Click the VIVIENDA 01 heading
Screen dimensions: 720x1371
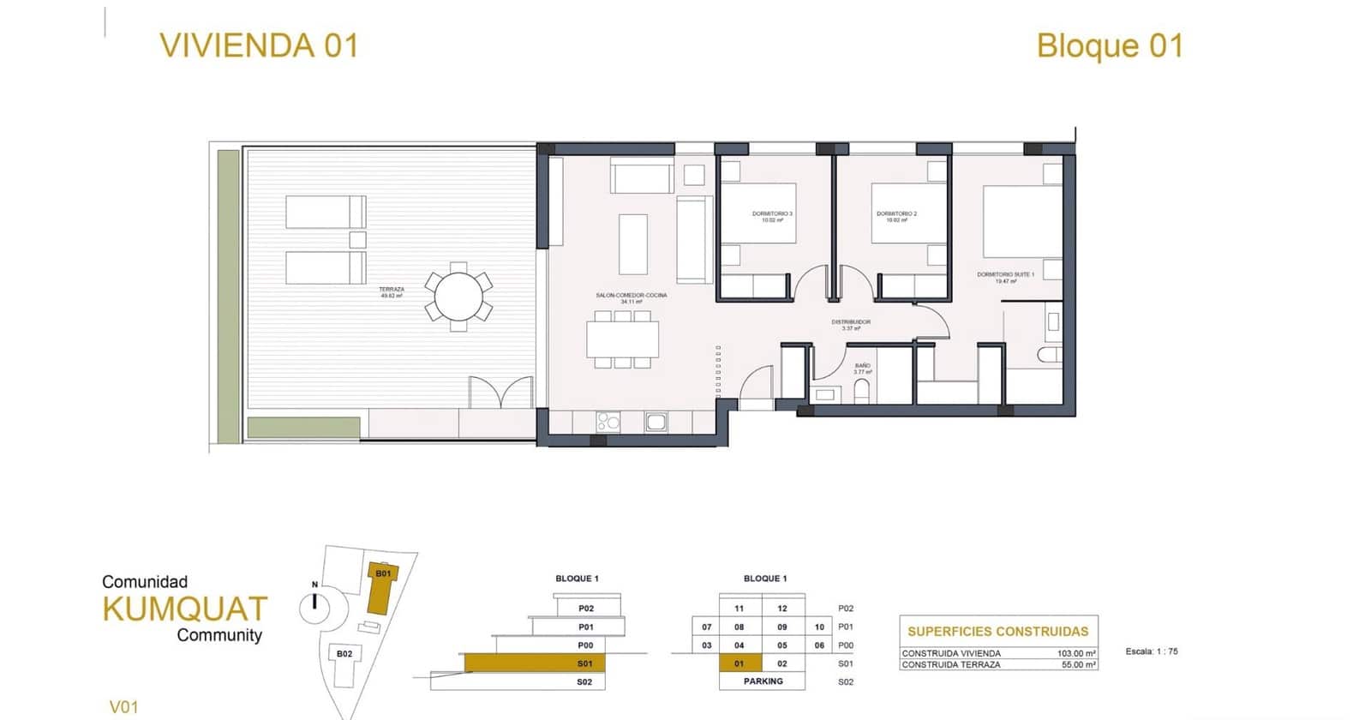259,45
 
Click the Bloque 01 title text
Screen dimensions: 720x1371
1110,45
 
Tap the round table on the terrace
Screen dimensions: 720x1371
458,297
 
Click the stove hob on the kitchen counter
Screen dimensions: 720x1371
608,422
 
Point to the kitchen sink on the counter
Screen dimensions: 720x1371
656,422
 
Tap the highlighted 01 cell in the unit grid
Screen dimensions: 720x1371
739,663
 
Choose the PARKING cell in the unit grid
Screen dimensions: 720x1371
763,681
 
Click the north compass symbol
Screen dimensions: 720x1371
314,607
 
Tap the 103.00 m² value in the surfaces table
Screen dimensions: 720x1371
1076,653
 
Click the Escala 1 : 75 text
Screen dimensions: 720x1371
1152,651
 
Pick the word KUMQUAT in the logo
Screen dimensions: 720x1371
184,609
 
